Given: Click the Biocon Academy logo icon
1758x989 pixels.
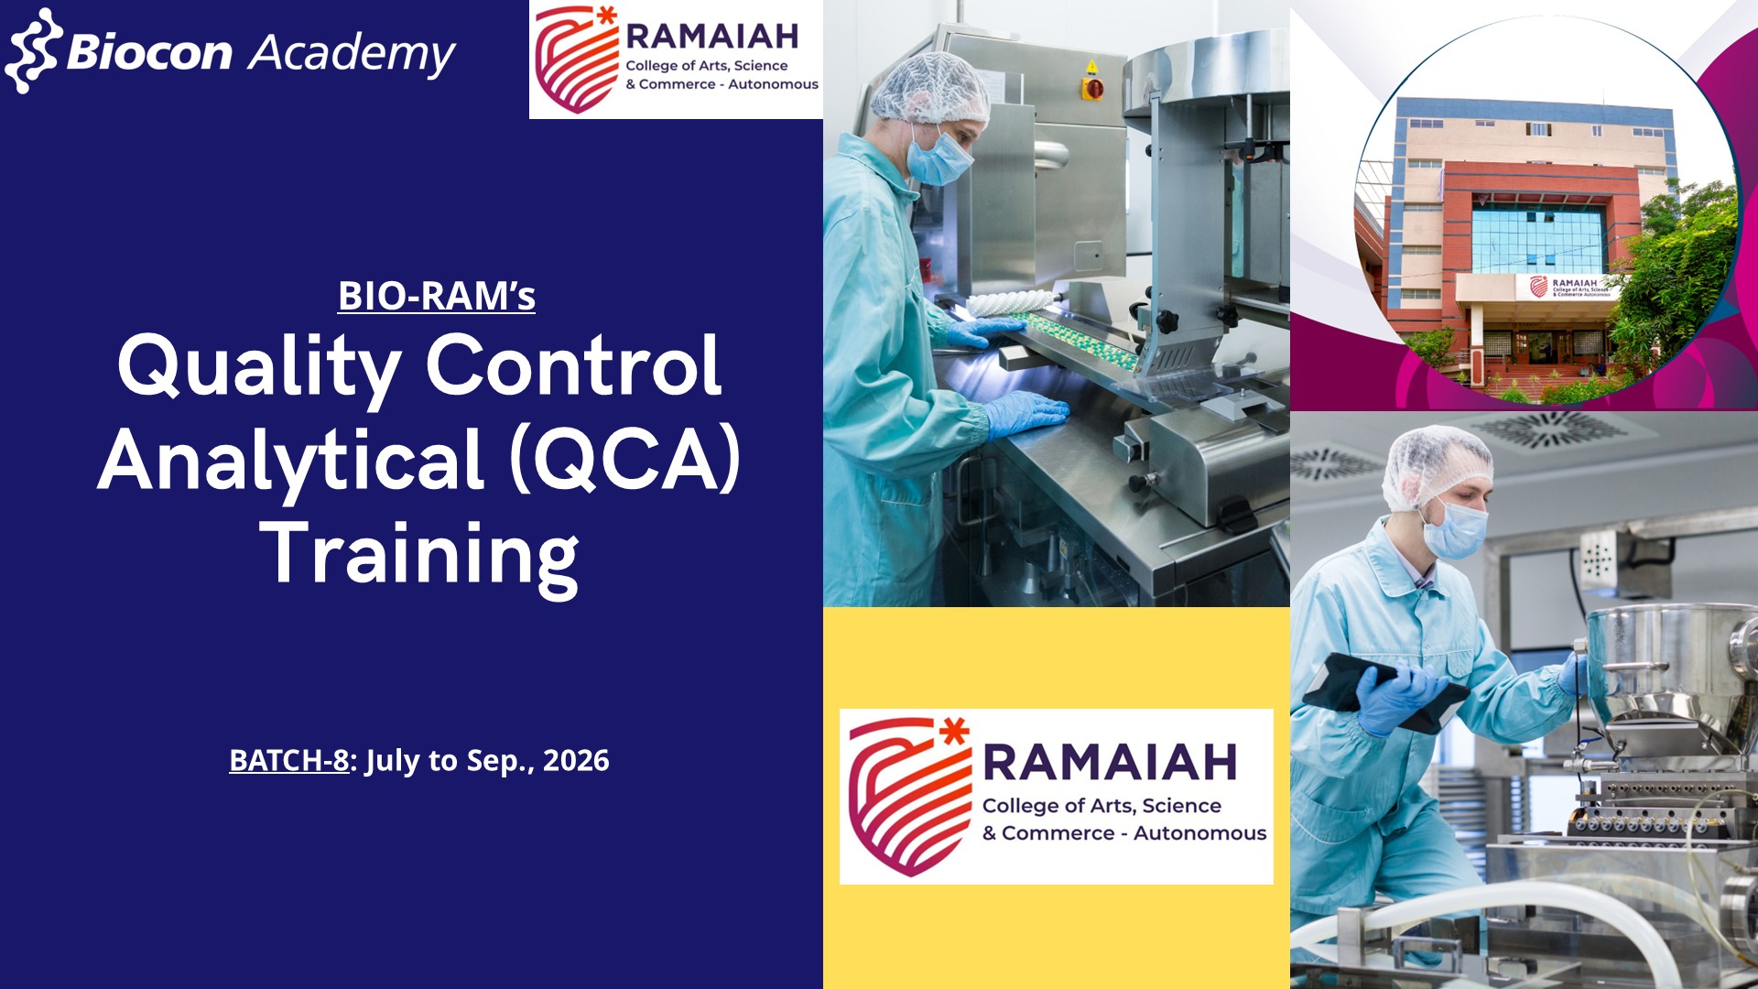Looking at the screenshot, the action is pos(34,51).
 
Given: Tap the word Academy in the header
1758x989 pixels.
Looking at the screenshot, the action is pos(353,54).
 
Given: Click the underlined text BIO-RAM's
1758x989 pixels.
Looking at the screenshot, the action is pos(436,296).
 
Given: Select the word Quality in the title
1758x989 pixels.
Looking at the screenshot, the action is pos(259,368).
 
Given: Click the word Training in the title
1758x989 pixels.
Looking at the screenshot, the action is pos(419,555).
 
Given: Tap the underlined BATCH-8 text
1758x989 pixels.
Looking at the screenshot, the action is pos(288,760).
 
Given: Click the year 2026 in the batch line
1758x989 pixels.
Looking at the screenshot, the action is pos(576,760).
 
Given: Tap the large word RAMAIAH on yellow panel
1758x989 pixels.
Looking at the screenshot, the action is pos(1110,763).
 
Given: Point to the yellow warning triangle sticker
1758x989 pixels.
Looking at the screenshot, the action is pos(1091,67).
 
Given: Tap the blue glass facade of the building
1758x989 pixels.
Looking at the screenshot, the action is pos(1538,240).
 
